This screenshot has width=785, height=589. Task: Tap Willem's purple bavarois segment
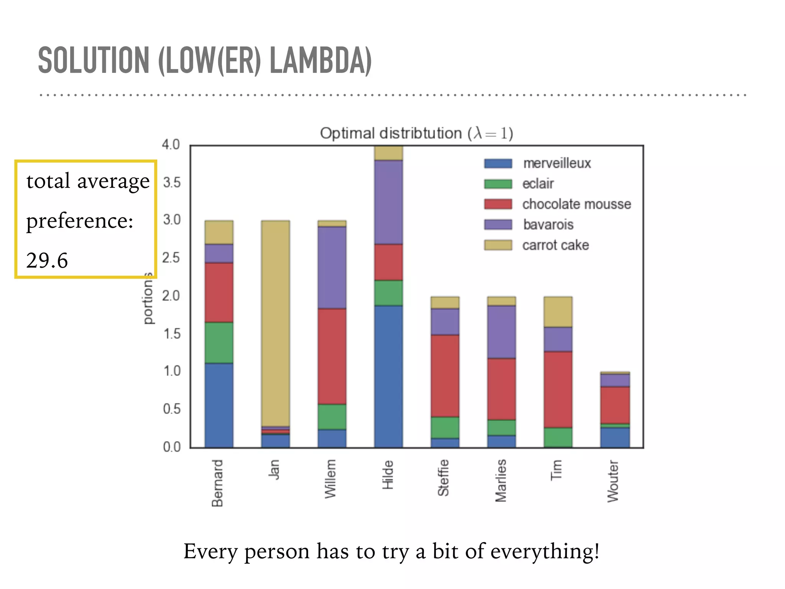332,267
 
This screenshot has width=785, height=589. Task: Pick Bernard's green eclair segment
219,342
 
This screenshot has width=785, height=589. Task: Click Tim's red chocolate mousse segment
558,389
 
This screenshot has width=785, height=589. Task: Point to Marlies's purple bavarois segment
501,332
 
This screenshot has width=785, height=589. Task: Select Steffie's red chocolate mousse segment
445,376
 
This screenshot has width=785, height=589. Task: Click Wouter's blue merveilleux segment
614,437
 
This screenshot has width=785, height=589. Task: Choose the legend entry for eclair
538,184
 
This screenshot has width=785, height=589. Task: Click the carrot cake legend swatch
498,245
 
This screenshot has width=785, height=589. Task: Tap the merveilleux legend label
557,163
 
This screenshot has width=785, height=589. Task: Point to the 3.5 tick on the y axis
171,183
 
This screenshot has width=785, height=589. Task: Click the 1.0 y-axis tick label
171,371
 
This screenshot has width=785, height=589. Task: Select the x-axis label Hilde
388,475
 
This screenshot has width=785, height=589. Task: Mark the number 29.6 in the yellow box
47,260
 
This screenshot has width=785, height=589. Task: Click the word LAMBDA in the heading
320,61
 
